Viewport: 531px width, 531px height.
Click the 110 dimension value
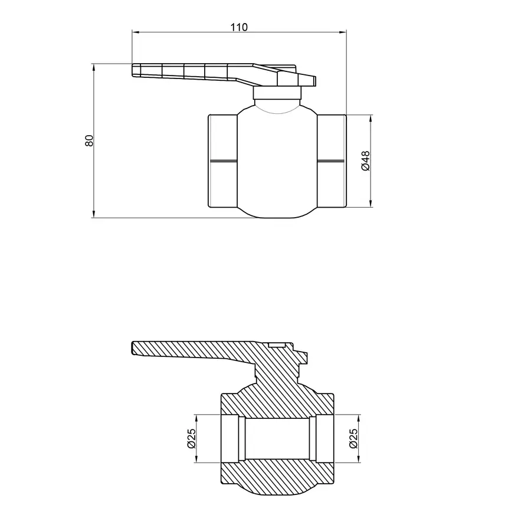click(239, 27)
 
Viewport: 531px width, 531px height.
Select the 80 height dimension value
click(89, 140)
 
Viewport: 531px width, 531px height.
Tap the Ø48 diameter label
click(365, 160)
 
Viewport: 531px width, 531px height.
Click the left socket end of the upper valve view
click(223, 160)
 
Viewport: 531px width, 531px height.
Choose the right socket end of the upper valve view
click(332, 160)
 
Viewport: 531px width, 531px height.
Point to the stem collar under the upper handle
click(278, 93)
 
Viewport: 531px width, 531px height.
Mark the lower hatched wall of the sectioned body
click(277, 475)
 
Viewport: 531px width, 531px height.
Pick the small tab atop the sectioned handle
click(277, 343)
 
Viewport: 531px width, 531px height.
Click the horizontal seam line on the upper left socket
click(223, 160)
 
